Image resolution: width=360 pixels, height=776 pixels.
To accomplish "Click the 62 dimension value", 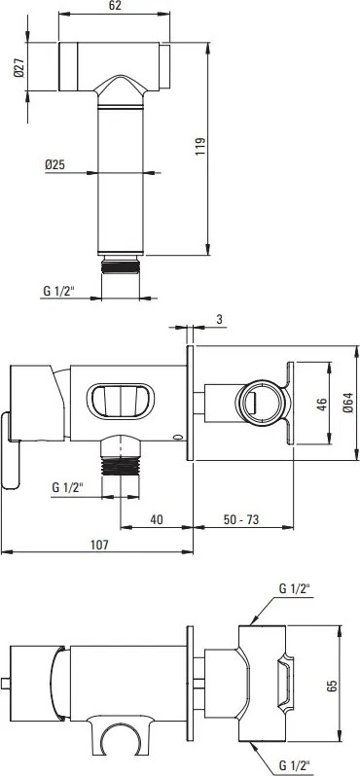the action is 114,6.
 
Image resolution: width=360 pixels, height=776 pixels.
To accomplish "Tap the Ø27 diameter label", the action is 19,67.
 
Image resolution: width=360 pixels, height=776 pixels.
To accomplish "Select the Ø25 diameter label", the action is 54,165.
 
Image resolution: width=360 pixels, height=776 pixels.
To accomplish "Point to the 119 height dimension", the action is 199,147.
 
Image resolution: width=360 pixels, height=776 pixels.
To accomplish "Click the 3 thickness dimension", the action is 219,320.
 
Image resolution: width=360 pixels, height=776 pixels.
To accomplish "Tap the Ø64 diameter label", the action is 347,403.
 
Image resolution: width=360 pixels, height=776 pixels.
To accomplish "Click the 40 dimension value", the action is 157,519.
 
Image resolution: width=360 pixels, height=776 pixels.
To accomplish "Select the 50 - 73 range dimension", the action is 240,519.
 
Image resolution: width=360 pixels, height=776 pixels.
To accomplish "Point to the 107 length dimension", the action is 99,545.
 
